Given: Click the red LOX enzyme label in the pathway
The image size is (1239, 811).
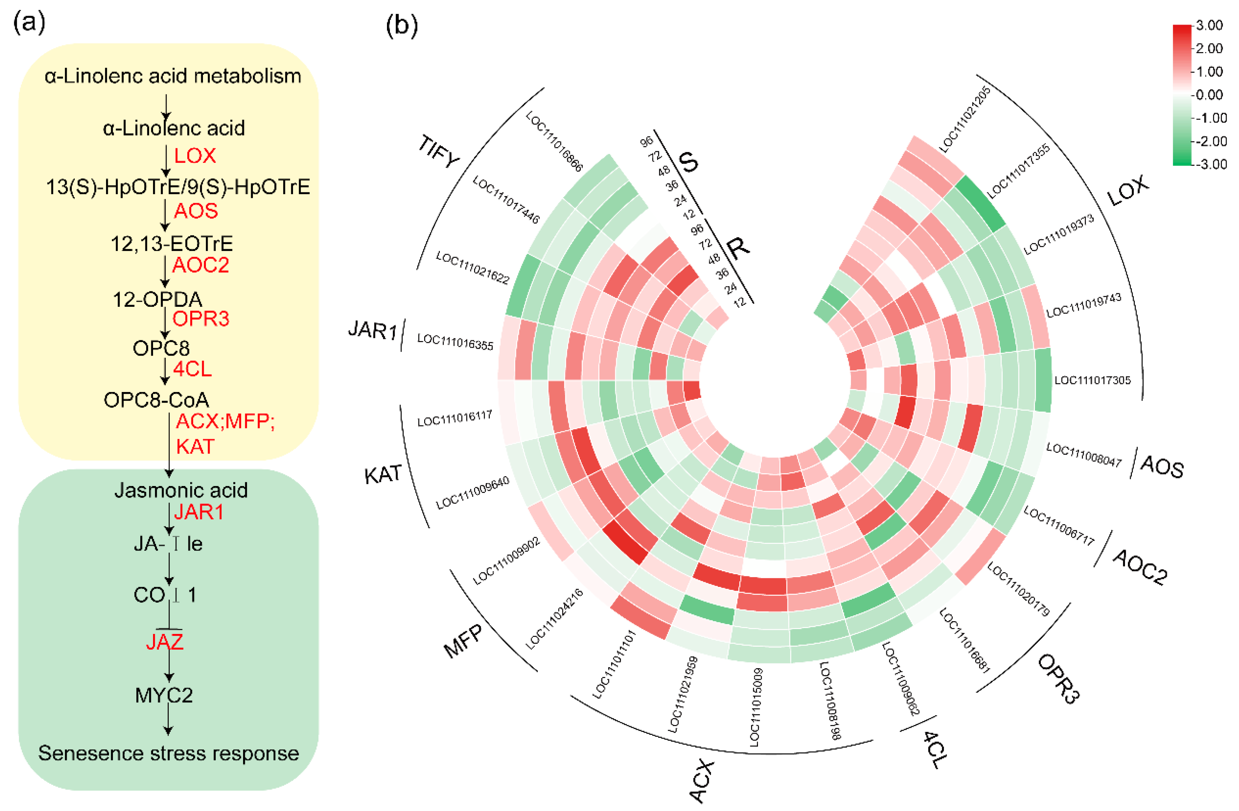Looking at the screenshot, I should [x=195, y=156].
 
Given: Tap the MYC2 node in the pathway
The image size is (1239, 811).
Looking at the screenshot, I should [x=164, y=695].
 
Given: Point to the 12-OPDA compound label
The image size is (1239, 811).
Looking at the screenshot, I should [x=157, y=299].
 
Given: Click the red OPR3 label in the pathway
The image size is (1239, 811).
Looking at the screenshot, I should [x=200, y=318].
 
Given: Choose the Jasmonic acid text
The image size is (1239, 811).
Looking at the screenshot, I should [x=181, y=490].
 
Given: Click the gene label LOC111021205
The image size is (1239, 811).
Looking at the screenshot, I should [x=965, y=119].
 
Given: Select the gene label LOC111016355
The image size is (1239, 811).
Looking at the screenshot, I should [x=455, y=342].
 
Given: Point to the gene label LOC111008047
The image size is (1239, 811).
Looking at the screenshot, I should [x=1084, y=455].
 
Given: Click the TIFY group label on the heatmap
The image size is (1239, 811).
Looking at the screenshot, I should [x=439, y=152].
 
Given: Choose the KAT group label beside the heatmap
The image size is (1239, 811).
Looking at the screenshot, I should [x=383, y=474].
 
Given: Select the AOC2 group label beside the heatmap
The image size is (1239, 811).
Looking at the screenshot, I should [x=1140, y=567].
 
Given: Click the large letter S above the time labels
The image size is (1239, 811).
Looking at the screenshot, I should [x=688, y=162].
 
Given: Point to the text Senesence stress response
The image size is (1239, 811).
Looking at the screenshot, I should [x=169, y=753].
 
